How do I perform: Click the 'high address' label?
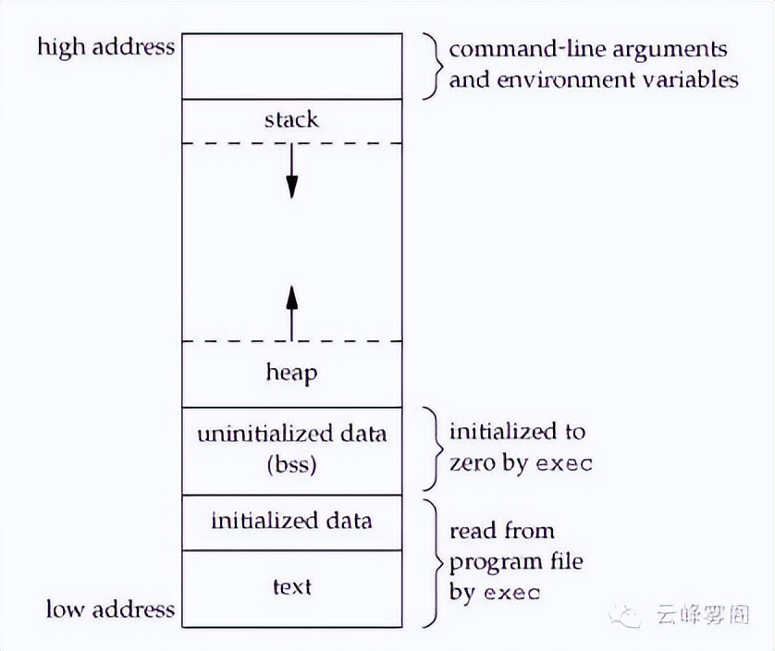(105, 47)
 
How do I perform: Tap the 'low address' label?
(110, 608)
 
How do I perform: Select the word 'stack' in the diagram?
(291, 119)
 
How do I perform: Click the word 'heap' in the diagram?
(291, 373)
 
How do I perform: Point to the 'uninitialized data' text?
(291, 434)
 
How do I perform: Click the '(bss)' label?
(291, 463)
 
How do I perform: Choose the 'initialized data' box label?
(291, 521)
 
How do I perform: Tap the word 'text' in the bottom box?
(291, 586)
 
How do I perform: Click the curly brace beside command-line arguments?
(430, 66)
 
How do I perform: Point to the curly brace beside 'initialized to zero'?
(430, 448)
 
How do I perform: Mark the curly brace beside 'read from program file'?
(430, 561)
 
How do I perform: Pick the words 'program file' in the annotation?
(516, 561)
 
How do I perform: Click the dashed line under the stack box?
(291, 142)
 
